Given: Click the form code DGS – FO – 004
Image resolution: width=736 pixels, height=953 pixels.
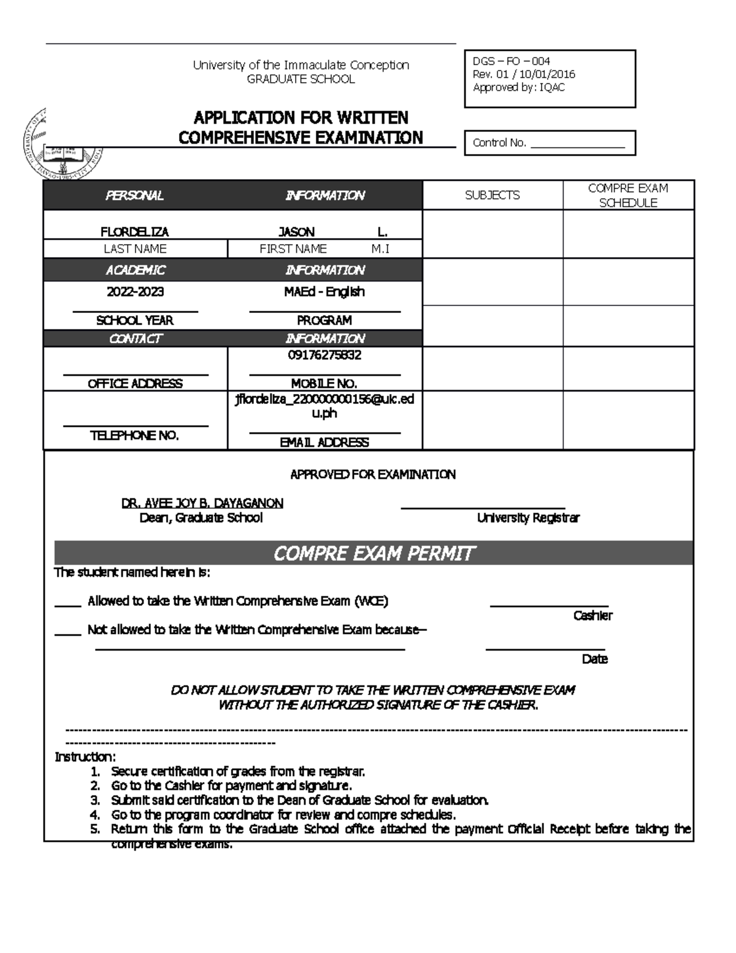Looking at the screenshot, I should pos(511,61).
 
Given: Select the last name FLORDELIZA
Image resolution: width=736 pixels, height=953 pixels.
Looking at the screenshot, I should pos(134,232).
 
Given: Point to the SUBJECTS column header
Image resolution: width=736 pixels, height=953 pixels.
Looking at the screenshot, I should pos(492,195).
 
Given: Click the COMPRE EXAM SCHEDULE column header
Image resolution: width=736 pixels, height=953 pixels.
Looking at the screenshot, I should pos(627,195).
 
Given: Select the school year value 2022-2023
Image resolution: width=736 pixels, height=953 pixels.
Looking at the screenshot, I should pos(135,291).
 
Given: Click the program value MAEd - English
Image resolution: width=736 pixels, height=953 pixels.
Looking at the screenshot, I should pos(324,291).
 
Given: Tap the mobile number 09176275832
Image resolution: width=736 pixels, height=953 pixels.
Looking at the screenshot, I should pos(324,355).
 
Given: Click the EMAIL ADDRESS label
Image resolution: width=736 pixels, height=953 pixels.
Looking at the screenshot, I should pos(324,442).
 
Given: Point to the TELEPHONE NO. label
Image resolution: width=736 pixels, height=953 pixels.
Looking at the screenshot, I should pos(134,436).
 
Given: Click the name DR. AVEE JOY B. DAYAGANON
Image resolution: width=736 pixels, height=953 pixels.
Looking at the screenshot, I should pos(202,503).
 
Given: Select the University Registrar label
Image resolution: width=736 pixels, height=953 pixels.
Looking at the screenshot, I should pos(528,518).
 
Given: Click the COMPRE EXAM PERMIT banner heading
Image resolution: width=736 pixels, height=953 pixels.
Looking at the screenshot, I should pos(373,554).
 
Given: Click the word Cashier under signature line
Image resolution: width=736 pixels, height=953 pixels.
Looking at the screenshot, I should pos(592,615).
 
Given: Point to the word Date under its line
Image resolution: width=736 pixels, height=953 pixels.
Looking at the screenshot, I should pos(594,659).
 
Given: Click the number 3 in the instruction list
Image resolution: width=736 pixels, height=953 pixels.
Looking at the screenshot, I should pos(94,800).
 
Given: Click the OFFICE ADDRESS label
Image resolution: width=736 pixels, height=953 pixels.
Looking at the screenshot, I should pos(135,384).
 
